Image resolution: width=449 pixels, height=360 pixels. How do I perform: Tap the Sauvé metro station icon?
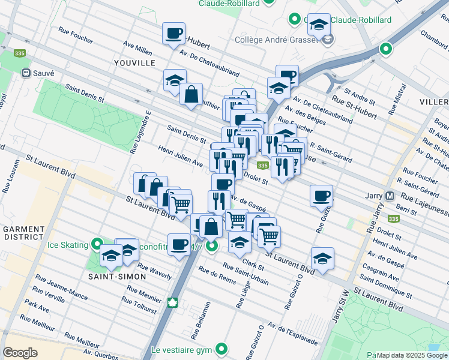[26, 73]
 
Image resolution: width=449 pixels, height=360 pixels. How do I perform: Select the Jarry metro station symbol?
[390, 196]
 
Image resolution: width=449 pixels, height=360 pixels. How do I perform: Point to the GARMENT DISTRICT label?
[23, 234]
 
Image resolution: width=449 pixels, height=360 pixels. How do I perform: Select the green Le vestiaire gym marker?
[222, 348]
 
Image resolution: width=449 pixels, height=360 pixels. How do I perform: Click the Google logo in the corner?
[20, 353]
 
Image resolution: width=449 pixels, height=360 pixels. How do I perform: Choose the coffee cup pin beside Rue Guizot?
[322, 195]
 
